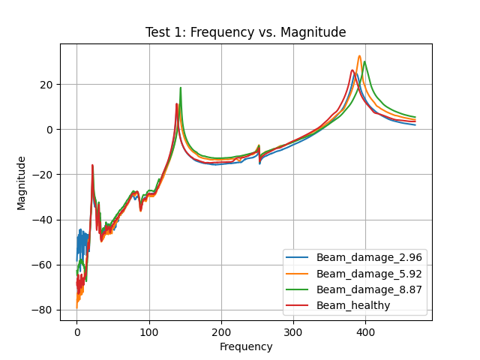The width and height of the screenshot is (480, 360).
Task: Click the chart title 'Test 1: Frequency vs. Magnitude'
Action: coord(246,32)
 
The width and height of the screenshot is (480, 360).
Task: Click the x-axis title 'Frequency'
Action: coord(246,346)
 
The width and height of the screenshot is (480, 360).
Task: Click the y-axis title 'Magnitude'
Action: coord(22,182)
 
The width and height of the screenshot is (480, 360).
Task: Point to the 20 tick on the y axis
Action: coord(46,85)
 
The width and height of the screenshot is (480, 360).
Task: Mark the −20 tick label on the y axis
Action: coord(43,175)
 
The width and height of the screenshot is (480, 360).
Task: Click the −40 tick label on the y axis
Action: coord(43,220)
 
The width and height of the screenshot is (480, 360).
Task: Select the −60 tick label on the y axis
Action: coord(43,265)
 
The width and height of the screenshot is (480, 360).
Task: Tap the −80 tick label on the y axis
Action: coord(43,310)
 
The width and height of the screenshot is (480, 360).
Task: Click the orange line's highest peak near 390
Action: coord(359,55)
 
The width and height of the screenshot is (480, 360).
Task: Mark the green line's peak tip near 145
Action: coord(181,88)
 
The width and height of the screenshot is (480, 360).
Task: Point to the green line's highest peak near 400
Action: coord(365,61)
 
